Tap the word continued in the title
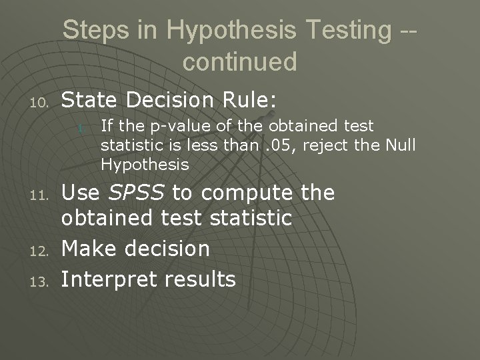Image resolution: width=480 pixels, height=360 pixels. click(239, 61)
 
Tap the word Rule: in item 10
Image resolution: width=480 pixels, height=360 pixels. click(250, 100)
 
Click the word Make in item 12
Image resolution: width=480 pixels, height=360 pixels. click(87, 249)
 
